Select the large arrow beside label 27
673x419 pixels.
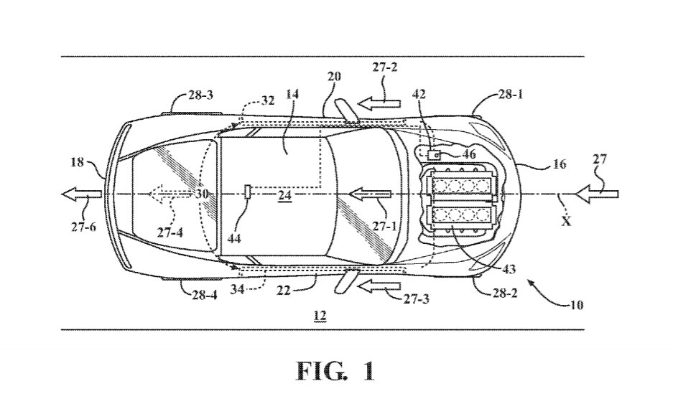point(592,193)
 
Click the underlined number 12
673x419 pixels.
point(320,315)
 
